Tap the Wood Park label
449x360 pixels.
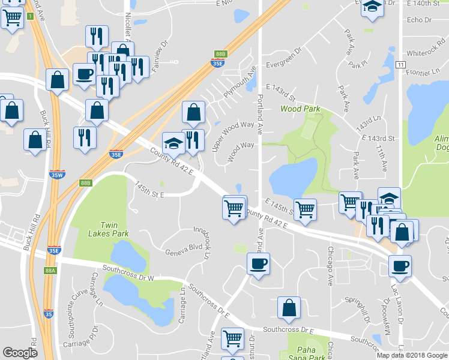point(300,109)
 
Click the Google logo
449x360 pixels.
point(20,353)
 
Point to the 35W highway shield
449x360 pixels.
point(56,175)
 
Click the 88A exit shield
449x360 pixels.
point(50,271)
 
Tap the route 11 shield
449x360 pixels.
point(401,64)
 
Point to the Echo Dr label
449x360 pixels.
point(419,20)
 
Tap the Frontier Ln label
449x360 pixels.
point(424,71)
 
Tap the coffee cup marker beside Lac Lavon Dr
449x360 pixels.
point(400,265)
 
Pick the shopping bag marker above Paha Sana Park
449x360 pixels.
point(289,307)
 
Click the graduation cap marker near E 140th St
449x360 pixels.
point(373,7)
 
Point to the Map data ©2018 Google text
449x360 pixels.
point(412,355)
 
